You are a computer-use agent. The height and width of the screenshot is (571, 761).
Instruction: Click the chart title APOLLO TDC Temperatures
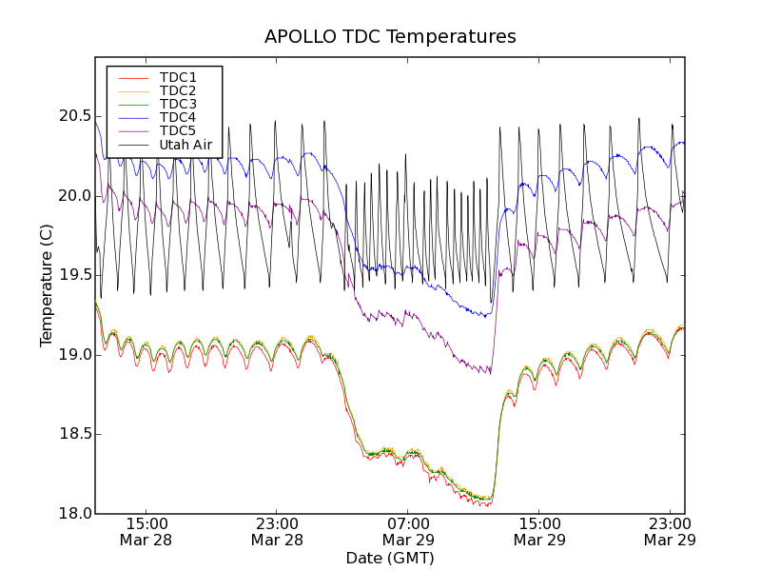390,37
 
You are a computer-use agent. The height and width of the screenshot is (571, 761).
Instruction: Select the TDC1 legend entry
178,77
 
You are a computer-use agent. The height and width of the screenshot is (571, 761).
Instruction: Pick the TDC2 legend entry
178,90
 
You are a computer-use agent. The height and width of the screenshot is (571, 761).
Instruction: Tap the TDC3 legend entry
178,104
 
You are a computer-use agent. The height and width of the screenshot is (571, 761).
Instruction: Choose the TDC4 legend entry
178,117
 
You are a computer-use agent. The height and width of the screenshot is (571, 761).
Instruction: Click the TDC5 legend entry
178,130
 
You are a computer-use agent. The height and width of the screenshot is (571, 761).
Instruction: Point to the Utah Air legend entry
185,145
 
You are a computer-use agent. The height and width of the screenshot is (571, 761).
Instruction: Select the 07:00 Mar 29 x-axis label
408,531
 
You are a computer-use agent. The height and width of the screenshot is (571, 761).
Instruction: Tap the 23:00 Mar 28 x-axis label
277,531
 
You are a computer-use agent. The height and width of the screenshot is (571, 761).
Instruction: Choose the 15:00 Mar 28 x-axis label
146,531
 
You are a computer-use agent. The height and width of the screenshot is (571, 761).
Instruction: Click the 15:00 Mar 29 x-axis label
538,531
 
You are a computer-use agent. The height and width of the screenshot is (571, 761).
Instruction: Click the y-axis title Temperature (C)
47,285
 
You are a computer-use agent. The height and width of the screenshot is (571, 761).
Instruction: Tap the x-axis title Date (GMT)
390,558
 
